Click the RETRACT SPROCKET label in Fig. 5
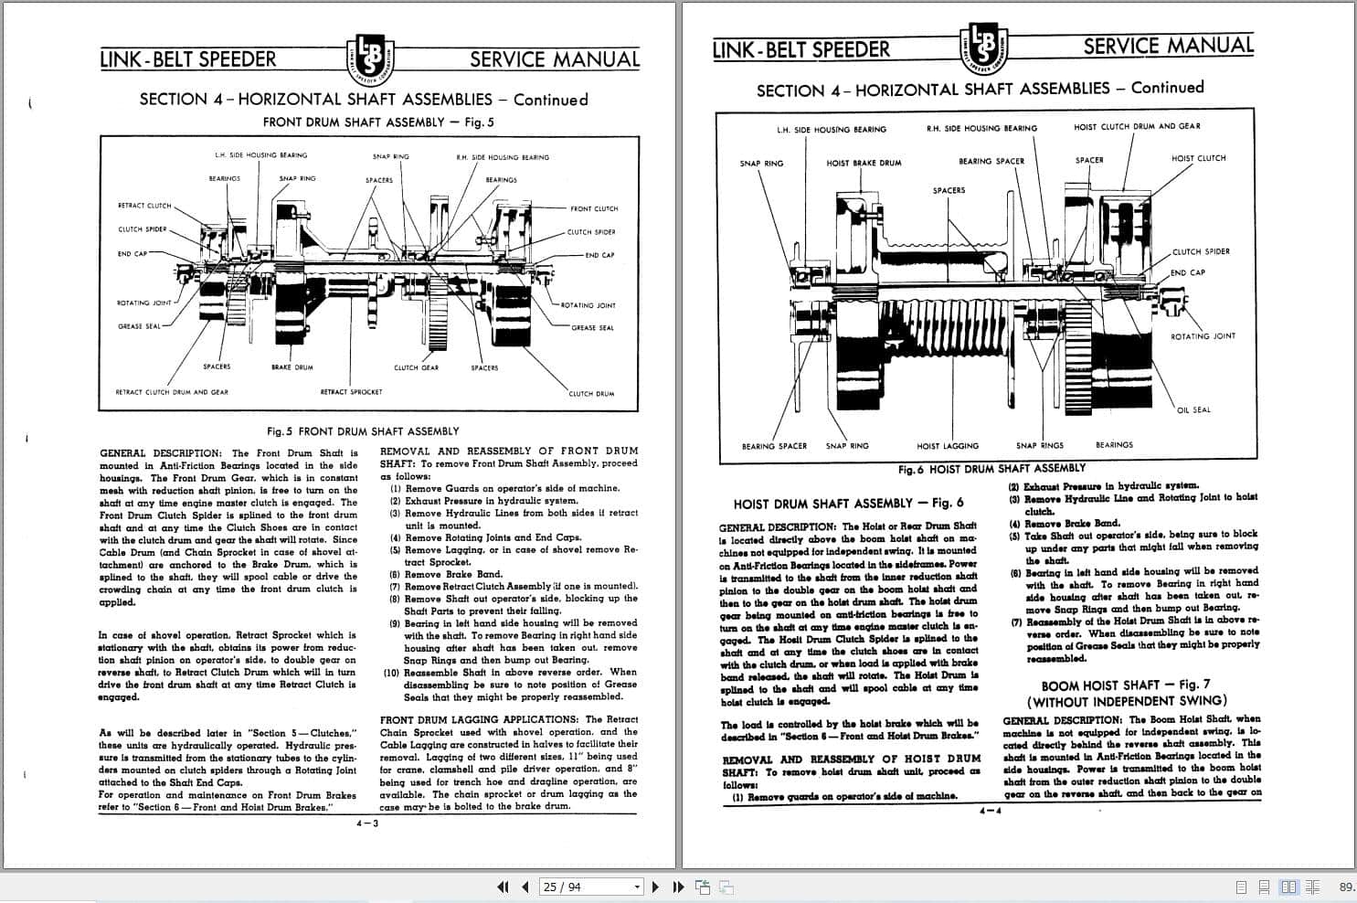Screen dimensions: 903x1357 tap(351, 392)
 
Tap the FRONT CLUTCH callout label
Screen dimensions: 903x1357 tap(594, 208)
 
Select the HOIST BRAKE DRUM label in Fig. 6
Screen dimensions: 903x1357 tap(864, 163)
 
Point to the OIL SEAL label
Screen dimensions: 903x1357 tap(1193, 409)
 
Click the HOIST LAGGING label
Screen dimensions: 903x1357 tap(948, 446)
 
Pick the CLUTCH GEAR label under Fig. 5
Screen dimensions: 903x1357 tap(416, 367)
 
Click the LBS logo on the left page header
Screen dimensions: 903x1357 tap(371, 58)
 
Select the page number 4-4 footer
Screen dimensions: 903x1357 tap(990, 810)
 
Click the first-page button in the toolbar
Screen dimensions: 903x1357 tap(503, 887)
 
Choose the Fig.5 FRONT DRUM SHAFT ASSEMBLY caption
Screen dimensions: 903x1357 tap(363, 431)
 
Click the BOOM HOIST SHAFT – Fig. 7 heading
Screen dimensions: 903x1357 tap(1125, 685)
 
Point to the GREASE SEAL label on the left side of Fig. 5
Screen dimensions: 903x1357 tap(139, 326)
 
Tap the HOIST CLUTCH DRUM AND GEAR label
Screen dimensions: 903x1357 tap(1137, 127)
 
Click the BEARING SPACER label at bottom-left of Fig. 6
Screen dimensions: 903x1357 tap(774, 446)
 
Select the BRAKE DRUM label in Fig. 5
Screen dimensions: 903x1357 tap(292, 367)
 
